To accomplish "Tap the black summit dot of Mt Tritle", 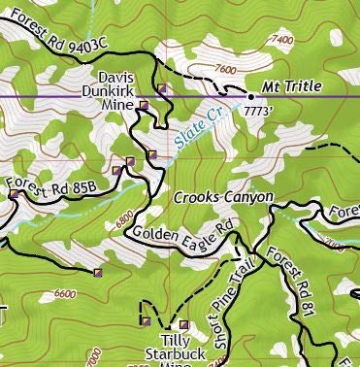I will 251,97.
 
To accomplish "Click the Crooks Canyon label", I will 223,197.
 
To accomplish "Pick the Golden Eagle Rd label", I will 184,236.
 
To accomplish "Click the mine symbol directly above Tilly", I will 183,324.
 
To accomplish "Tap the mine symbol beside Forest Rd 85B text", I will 14,194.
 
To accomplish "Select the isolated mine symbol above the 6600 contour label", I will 97,273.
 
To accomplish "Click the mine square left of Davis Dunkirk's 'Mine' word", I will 144,104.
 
